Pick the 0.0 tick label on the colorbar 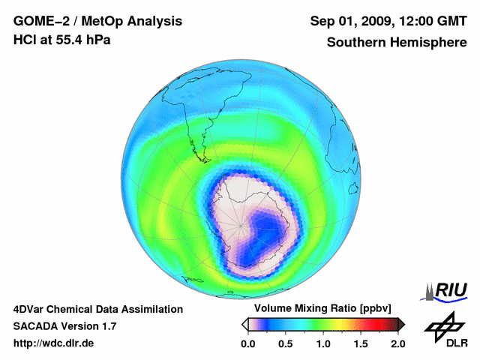[x=247, y=343]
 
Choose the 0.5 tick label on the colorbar [x=285, y=343]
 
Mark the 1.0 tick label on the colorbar [x=322, y=343]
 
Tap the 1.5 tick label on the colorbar [x=360, y=343]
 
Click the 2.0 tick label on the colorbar [x=397, y=343]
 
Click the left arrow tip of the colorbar [x=244, y=324]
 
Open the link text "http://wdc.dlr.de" [x=54, y=343]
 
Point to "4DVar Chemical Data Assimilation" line [x=97, y=309]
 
